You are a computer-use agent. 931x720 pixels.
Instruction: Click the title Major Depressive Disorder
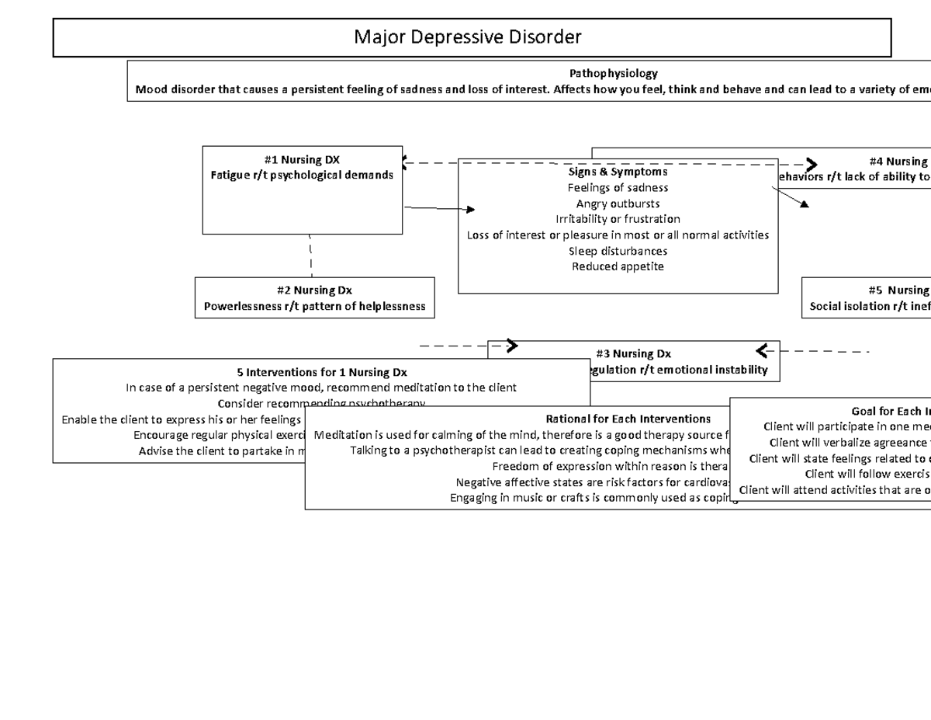pyautogui.click(x=467, y=37)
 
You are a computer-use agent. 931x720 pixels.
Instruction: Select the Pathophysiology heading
pyautogui.click(x=613, y=73)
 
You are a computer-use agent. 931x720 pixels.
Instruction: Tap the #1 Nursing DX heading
pyautogui.click(x=302, y=160)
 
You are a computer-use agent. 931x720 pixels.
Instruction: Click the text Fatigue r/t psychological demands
pyautogui.click(x=302, y=175)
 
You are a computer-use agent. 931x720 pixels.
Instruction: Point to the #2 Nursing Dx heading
pyautogui.click(x=314, y=290)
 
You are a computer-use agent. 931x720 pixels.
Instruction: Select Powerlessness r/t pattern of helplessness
pyautogui.click(x=314, y=306)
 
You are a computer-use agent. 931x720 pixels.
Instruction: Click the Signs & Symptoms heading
pyautogui.click(x=618, y=172)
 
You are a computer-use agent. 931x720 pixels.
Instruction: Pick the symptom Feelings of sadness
pyautogui.click(x=618, y=187)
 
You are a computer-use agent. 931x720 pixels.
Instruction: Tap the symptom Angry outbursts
pyautogui.click(x=618, y=203)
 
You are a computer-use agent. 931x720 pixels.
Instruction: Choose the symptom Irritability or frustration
pyautogui.click(x=618, y=219)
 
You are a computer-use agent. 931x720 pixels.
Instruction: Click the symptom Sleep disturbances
pyautogui.click(x=618, y=251)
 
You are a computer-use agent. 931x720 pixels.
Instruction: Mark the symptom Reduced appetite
pyautogui.click(x=618, y=266)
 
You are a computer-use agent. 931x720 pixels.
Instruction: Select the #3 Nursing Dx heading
pyautogui.click(x=634, y=354)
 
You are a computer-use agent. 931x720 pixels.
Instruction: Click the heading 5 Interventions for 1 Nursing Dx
pyautogui.click(x=321, y=372)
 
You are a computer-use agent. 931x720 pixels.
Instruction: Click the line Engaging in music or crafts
pyautogui.click(x=594, y=498)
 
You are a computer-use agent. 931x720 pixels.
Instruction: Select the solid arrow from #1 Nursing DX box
pyautogui.click(x=438, y=208)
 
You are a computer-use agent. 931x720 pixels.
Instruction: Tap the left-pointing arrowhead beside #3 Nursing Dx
pyautogui.click(x=762, y=350)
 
